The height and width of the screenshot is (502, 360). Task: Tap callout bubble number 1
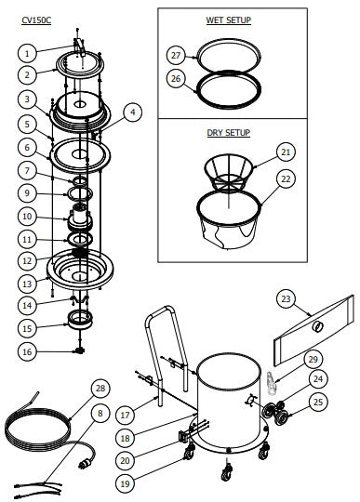28,52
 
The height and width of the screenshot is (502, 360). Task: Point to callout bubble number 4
133,112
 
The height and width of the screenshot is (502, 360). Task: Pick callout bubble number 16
28,351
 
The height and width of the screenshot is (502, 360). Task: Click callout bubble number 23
287,298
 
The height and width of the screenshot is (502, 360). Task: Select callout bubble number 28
100,388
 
